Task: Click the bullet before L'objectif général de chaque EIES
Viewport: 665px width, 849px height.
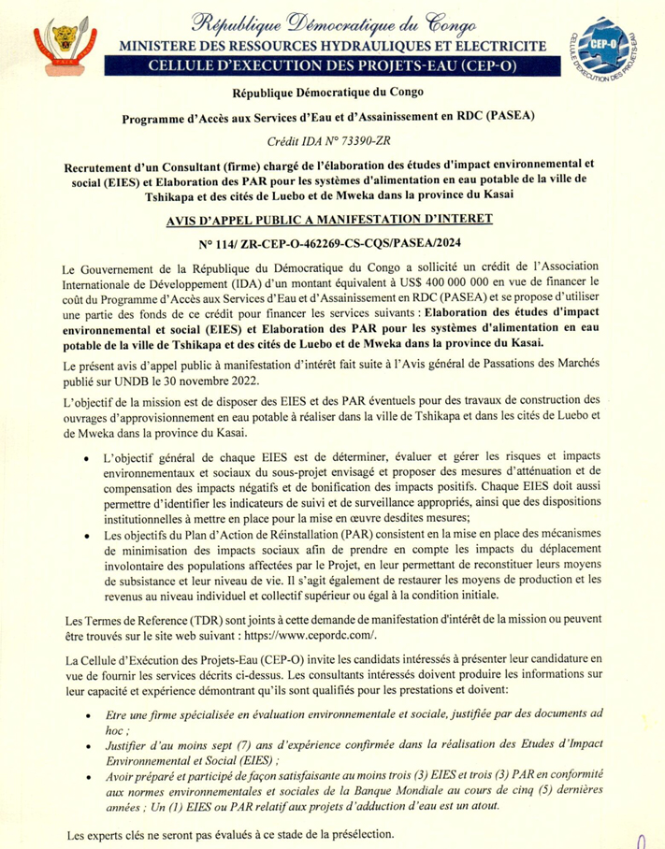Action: pyautogui.click(x=86, y=458)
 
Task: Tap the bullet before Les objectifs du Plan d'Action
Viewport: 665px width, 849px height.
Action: pyautogui.click(x=86, y=537)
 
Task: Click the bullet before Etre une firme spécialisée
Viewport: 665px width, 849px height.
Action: pyautogui.click(x=86, y=715)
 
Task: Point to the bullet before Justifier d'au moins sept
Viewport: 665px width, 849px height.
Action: pyautogui.click(x=86, y=748)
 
